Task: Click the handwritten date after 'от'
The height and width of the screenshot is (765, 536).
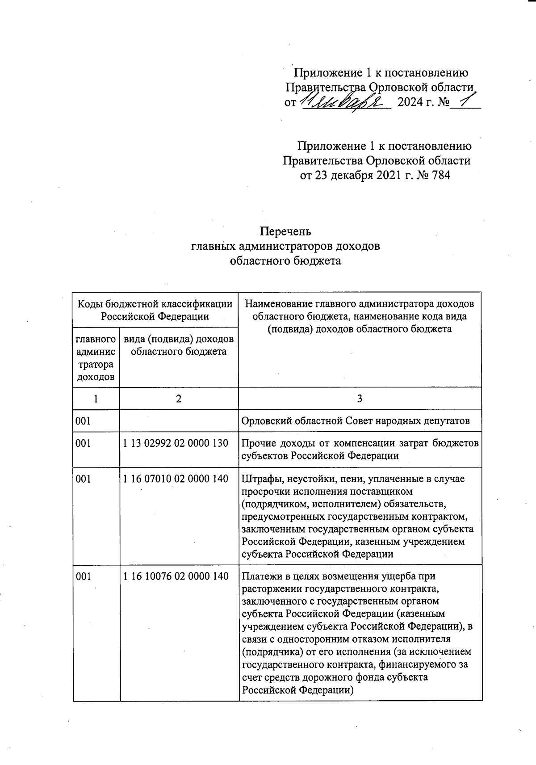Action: tap(344, 102)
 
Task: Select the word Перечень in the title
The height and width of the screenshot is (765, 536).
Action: tap(285, 231)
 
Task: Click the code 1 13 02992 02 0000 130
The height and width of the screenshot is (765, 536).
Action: tap(176, 443)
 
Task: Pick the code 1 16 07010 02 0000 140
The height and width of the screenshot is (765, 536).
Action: tap(176, 479)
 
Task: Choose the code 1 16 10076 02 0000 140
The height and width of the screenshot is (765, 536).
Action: tap(176, 576)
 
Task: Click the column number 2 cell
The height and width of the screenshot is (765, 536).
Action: tap(179, 399)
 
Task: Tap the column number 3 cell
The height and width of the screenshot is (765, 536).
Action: tap(360, 399)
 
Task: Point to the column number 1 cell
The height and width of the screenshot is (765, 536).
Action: tap(96, 399)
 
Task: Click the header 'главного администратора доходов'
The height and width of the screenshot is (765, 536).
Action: tap(96, 358)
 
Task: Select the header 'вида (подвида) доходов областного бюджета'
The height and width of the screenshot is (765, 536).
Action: tap(179, 345)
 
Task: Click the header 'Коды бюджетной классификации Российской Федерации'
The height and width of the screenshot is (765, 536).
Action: tap(155, 310)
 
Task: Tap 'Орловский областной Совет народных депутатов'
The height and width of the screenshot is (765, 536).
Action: tap(355, 421)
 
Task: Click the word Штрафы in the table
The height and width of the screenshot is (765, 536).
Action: tap(257, 479)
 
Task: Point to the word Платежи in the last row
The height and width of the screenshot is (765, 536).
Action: tap(260, 576)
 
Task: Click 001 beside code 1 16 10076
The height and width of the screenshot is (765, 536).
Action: tap(84, 576)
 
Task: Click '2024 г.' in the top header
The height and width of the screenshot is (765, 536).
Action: tap(416, 102)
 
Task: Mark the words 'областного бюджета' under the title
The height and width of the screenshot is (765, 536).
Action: tap(285, 261)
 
